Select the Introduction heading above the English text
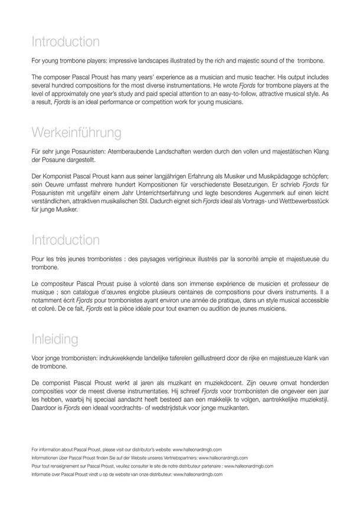pyautogui.click(x=66, y=42)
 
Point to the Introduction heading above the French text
pyautogui.click(x=66, y=240)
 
